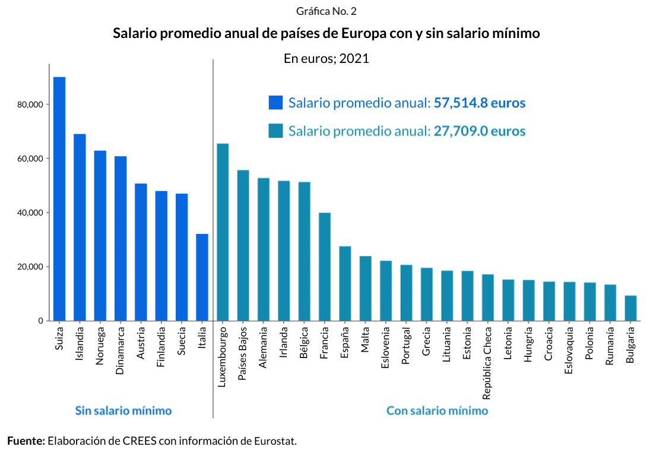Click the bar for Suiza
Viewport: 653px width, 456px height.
coord(59,199)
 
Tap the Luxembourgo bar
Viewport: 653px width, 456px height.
coord(223,232)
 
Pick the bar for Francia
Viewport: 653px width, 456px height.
coord(325,267)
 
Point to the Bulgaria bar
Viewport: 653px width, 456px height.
coord(630,308)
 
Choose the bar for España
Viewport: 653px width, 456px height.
coord(345,283)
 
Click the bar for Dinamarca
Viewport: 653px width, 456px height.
coord(121,238)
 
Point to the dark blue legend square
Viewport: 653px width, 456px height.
coord(275,103)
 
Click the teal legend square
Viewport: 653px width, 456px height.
coord(275,131)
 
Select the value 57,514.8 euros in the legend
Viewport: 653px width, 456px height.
coord(480,103)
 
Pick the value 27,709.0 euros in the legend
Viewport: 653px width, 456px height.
coord(480,131)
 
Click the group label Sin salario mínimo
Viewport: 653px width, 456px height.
coord(123,410)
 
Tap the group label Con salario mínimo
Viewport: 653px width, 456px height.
coord(438,410)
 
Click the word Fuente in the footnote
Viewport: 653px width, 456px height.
coord(26,441)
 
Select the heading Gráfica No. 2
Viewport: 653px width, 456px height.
coord(326,11)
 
